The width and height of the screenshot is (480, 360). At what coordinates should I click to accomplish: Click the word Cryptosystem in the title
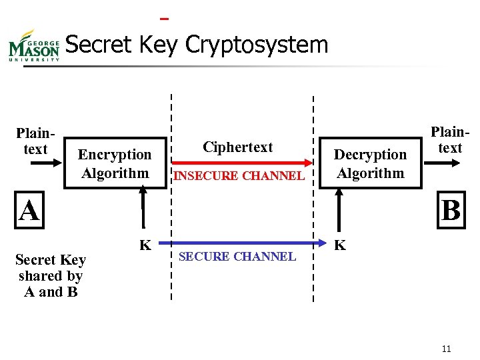point(257,45)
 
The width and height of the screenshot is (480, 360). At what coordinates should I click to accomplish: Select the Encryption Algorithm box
point(115,164)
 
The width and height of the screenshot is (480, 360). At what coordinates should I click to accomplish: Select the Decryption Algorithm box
point(370,164)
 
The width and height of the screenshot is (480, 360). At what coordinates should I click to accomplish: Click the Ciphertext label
point(238,147)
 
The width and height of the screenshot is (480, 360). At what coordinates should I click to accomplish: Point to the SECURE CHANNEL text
point(238,257)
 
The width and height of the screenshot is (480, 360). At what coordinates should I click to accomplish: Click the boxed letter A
point(29,211)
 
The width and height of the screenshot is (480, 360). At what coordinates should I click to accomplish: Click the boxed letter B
point(451,211)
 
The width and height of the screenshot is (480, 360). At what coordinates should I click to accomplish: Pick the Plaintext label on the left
point(35,141)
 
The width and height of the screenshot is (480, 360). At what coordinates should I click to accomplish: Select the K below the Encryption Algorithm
point(144,245)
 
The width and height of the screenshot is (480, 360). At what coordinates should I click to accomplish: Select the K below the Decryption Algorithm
point(340,245)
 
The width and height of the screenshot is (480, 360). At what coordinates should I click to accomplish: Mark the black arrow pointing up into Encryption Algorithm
point(142,210)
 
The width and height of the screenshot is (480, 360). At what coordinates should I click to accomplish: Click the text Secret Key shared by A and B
point(51,275)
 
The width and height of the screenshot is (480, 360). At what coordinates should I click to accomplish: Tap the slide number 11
point(447,349)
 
